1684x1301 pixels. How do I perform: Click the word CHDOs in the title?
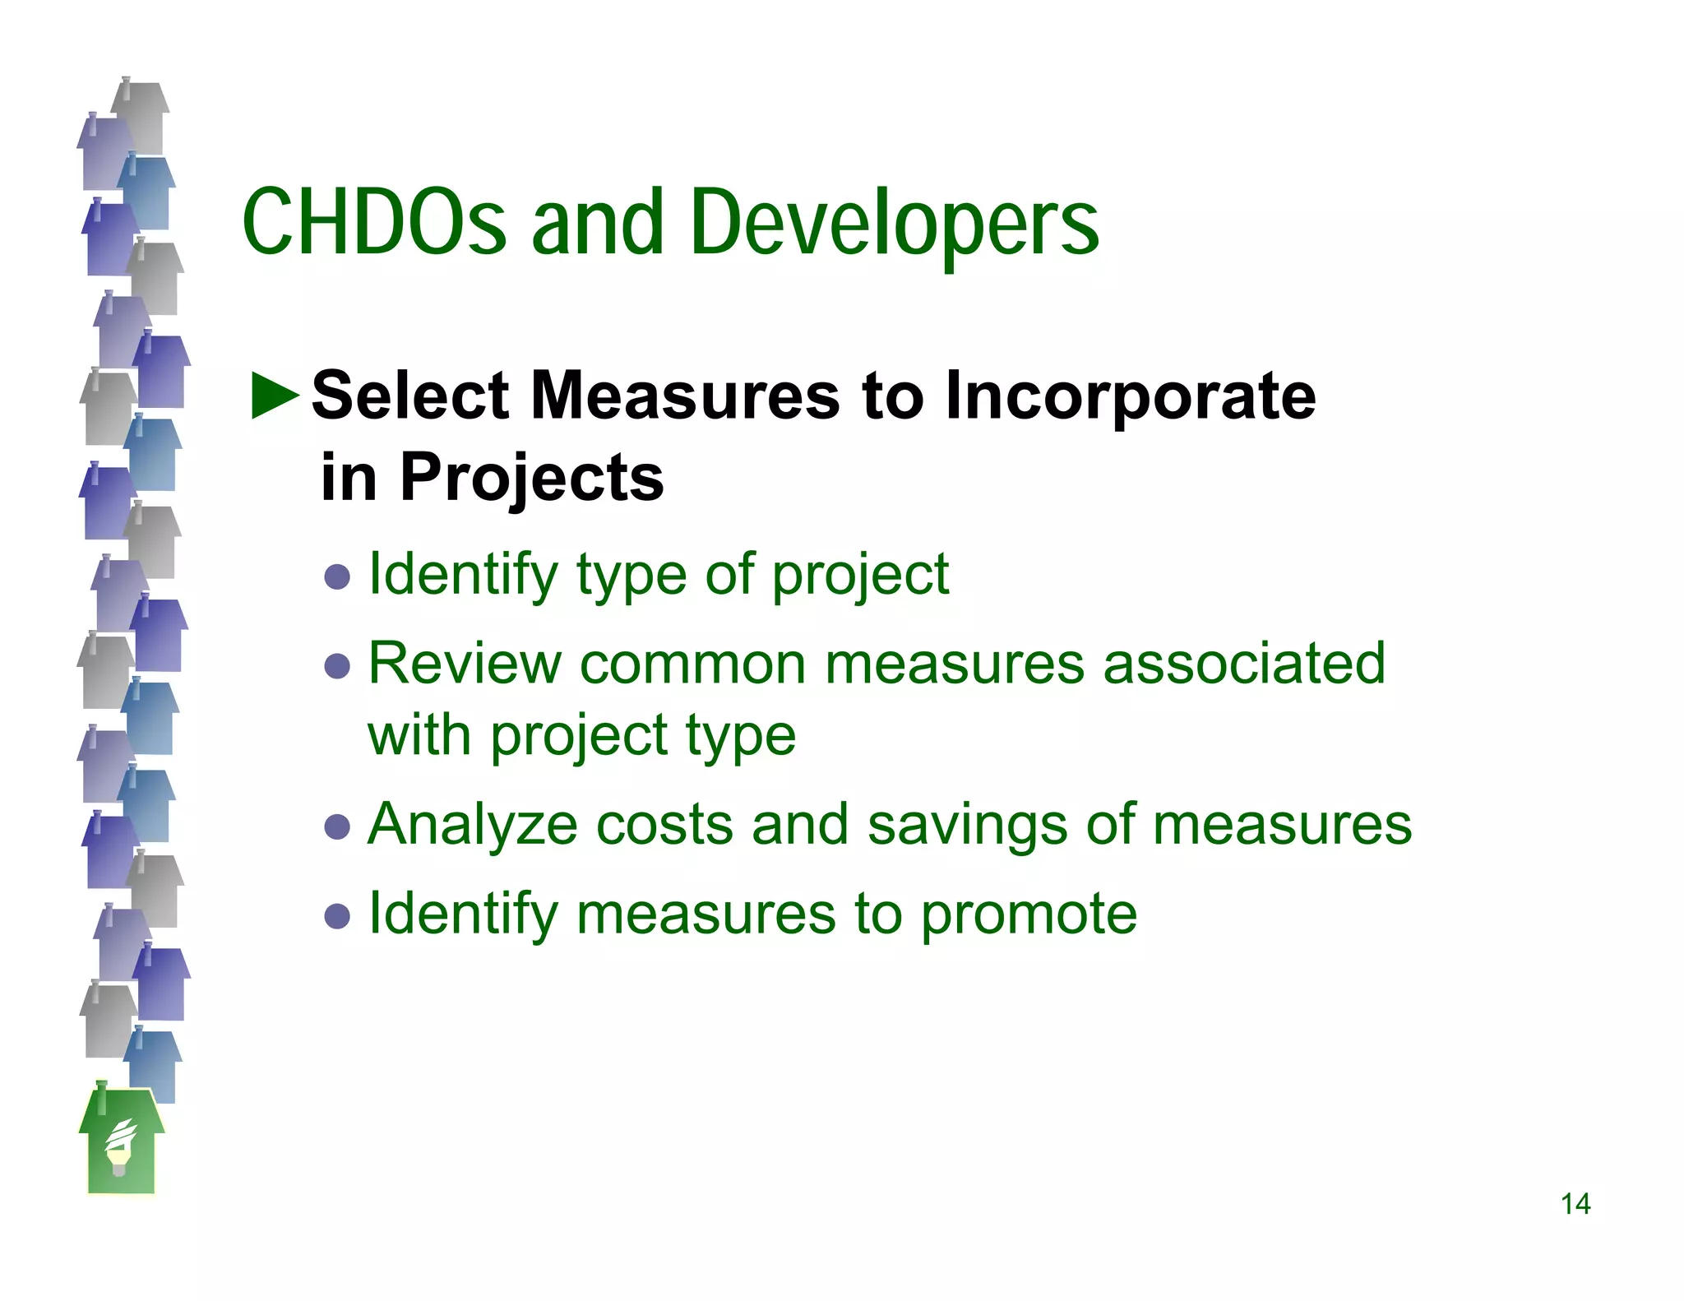374,222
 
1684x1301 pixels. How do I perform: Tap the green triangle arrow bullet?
275,396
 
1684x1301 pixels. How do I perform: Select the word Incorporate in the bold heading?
1130,396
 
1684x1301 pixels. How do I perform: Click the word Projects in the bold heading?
531,479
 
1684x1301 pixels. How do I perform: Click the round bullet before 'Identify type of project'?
337,576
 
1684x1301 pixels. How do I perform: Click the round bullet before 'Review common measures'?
337,665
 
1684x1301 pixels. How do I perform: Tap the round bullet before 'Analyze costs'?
337,826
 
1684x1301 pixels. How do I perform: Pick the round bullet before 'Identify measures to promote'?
337,915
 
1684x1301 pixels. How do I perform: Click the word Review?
464,663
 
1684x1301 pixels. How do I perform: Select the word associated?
1243,663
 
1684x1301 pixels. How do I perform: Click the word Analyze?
472,825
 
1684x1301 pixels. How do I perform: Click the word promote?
1028,915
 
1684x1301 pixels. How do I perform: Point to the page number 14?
1575,1205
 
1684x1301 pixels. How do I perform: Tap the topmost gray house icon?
142,115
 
